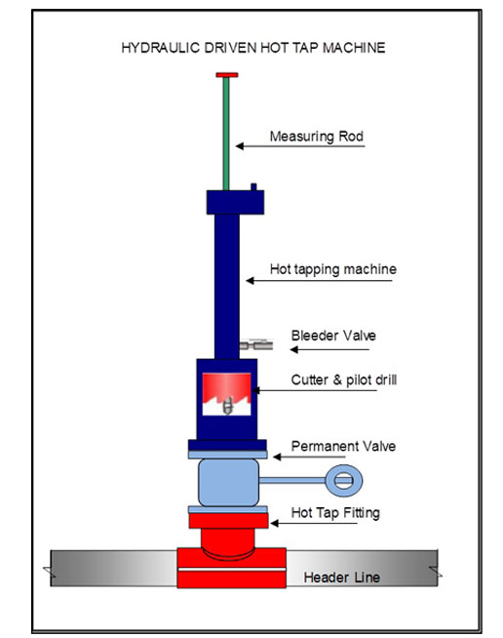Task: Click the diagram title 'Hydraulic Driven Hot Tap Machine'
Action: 252,48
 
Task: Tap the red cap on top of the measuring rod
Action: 227,75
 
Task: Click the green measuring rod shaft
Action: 226,134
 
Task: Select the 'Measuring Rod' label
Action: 317,137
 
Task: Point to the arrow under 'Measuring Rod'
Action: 300,146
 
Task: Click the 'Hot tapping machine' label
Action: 333,269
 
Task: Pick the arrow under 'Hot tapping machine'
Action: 319,280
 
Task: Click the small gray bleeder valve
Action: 256,345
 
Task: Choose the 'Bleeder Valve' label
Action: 333,336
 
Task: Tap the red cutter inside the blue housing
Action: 226,387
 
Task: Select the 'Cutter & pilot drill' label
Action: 343,380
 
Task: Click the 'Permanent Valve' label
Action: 343,447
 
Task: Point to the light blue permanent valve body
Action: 228,483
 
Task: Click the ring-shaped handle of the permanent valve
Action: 343,481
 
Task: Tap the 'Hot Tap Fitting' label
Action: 335,513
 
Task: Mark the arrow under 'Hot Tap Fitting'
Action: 314,523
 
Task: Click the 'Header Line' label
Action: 341,578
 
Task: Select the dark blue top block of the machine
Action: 235,202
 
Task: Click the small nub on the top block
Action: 253,187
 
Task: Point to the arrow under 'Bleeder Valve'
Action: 329,349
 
